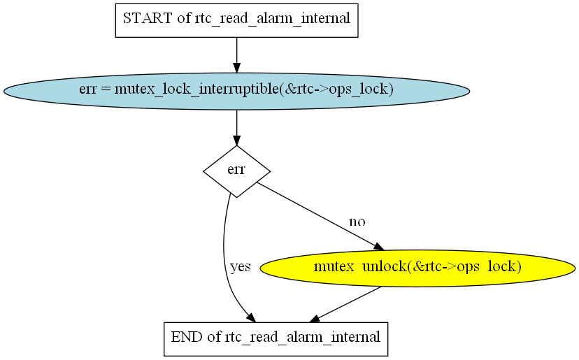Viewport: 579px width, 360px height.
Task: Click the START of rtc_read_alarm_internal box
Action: [x=236, y=20]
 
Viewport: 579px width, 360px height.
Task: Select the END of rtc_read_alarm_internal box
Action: [x=275, y=338]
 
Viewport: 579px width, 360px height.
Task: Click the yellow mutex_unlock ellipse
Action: [x=417, y=267]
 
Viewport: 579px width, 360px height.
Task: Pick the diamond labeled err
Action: [x=236, y=171]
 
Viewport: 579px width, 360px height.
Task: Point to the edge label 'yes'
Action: [x=240, y=267]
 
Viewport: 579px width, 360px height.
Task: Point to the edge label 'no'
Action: [x=357, y=222]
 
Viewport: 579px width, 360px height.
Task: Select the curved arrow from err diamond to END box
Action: [x=224, y=259]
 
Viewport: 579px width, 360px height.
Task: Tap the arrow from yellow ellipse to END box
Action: [x=347, y=304]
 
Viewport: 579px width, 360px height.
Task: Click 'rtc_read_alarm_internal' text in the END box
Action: [x=302, y=338]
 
